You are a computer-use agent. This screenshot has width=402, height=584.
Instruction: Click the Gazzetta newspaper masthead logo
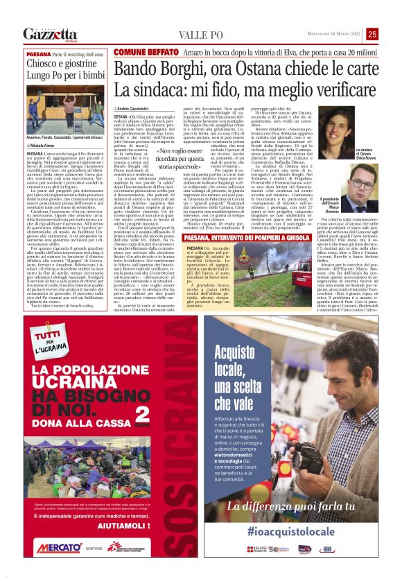51,34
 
